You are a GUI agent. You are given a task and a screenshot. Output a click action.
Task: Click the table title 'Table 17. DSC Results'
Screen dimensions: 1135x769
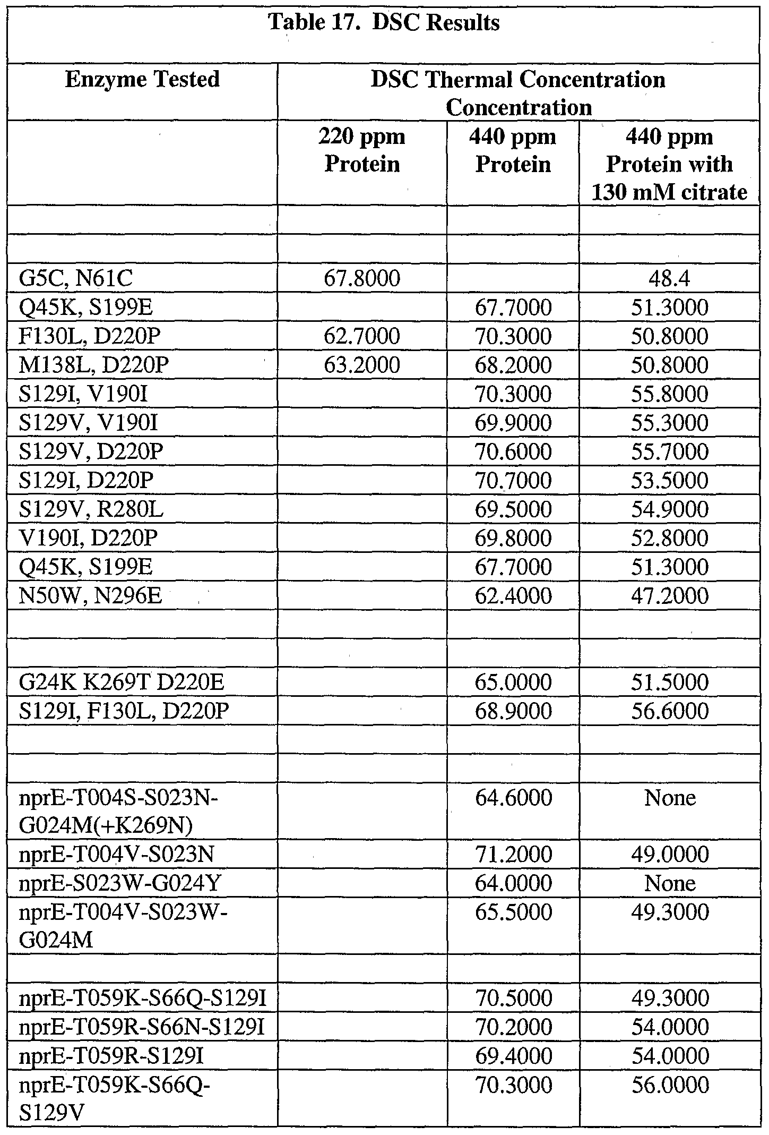click(384, 23)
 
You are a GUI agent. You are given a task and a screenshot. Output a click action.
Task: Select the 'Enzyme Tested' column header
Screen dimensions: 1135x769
click(142, 80)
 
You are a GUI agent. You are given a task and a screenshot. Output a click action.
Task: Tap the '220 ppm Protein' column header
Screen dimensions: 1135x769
click(362, 150)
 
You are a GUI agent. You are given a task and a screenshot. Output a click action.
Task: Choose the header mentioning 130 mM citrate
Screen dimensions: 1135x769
click(669, 164)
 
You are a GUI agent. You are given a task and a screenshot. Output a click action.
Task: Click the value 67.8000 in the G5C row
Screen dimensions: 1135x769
click(362, 279)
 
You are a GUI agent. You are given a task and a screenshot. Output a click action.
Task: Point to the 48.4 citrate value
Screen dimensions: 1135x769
click(669, 279)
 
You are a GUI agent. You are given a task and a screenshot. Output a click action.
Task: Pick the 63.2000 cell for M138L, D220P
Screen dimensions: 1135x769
click(362, 365)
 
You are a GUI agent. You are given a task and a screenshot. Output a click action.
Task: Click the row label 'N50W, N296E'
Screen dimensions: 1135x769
click(90, 595)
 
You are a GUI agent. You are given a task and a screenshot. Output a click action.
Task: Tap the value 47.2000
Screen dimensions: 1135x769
click(670, 595)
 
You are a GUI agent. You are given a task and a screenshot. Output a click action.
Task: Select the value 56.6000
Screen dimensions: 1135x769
click(670, 711)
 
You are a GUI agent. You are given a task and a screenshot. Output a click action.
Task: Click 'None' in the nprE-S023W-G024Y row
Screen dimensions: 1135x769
click(670, 883)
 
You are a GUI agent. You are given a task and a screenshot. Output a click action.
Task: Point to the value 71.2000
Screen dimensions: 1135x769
click(513, 854)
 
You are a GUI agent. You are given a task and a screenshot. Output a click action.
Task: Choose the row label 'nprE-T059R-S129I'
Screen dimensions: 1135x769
click(111, 1055)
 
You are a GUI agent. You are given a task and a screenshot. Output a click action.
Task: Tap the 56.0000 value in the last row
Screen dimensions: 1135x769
click(670, 1084)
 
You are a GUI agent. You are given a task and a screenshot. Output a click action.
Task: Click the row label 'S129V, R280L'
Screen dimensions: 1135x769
click(91, 509)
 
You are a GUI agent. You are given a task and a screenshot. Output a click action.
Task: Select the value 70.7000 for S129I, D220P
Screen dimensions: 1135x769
click(513, 480)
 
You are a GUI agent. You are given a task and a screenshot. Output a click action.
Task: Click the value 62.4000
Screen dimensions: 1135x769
click(513, 595)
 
